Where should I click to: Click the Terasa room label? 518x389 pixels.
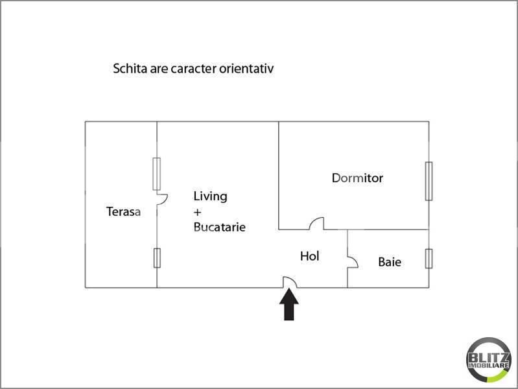pyautogui.click(x=123, y=211)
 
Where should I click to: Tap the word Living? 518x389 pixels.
pyautogui.click(x=210, y=196)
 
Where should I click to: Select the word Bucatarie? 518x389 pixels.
pyautogui.click(x=219, y=228)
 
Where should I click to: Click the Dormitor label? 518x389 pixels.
pyautogui.click(x=357, y=178)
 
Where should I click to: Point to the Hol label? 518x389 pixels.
pyautogui.click(x=309, y=257)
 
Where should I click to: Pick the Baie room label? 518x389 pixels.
pyautogui.click(x=390, y=263)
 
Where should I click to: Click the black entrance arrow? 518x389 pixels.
pyautogui.click(x=289, y=305)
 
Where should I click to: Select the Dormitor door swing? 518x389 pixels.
pyautogui.click(x=317, y=224)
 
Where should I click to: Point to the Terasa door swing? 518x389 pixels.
pyautogui.click(x=162, y=198)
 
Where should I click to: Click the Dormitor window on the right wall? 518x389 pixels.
pyautogui.click(x=428, y=181)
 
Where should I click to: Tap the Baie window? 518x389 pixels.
pyautogui.click(x=428, y=258)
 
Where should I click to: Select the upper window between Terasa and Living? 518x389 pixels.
pyautogui.click(x=156, y=174)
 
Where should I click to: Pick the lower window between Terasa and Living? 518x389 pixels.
pyautogui.click(x=156, y=258)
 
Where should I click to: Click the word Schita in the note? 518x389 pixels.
pyautogui.click(x=130, y=68)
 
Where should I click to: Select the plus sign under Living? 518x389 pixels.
pyautogui.click(x=198, y=212)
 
